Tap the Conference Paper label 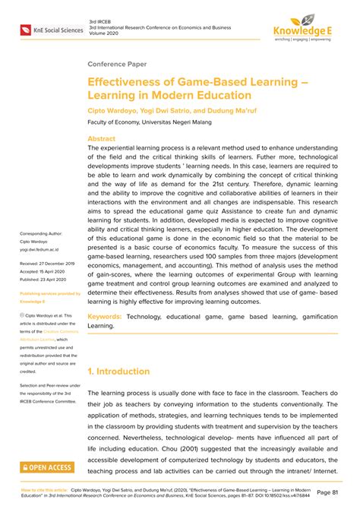click(118, 65)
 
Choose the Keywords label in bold click(106, 337)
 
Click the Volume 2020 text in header click(104, 33)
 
